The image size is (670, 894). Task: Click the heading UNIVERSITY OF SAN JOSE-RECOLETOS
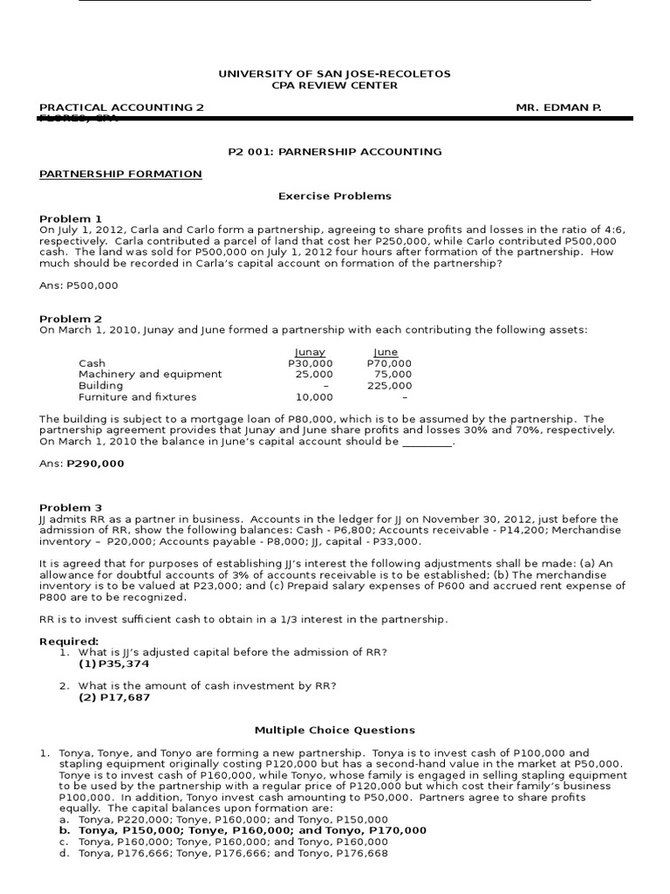tap(334, 74)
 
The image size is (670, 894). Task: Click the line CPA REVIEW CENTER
tap(334, 86)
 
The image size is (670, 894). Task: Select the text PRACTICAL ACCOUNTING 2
tap(121, 107)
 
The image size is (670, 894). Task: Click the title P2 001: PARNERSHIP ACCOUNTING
tap(334, 152)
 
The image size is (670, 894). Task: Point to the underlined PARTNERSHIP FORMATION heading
tap(120, 174)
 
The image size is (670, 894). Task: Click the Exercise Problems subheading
tap(334, 196)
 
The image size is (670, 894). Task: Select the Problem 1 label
tap(71, 218)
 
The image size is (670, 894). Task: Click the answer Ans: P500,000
tap(79, 285)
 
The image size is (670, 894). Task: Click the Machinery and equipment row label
tap(150, 375)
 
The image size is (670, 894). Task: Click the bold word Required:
tap(69, 642)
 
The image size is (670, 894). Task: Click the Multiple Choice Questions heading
tap(334, 730)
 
